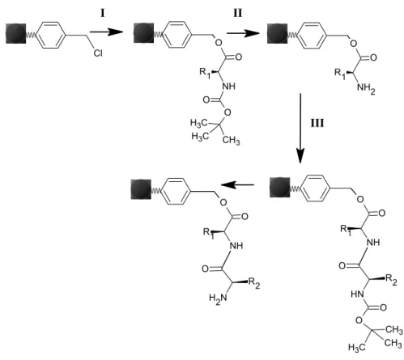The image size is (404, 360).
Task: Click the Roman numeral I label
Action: tap(103, 13)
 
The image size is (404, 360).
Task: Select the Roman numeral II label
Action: tap(237, 13)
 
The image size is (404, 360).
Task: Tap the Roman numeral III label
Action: tap(317, 123)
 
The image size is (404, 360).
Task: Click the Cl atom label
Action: tap(98, 53)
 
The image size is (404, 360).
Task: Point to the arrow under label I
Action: tap(106, 32)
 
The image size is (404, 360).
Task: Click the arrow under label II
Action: tap(243, 33)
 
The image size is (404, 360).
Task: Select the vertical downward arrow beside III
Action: tap(300, 129)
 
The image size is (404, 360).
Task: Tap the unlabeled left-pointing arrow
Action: tap(237, 185)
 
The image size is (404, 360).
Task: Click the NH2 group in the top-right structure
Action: tap(366, 88)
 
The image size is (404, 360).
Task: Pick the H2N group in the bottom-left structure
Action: tap(218, 299)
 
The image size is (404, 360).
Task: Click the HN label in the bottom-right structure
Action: tap(358, 294)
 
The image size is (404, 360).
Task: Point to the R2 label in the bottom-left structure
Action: tap(254, 283)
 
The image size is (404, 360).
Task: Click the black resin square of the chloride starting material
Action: tap(16, 33)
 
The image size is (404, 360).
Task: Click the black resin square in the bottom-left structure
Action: tap(141, 189)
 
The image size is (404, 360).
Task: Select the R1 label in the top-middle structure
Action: tap(205, 73)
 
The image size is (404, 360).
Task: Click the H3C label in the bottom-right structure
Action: tap(357, 347)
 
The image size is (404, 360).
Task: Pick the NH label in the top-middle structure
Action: tap(228, 87)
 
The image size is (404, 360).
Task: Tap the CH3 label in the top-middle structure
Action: tap(232, 141)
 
